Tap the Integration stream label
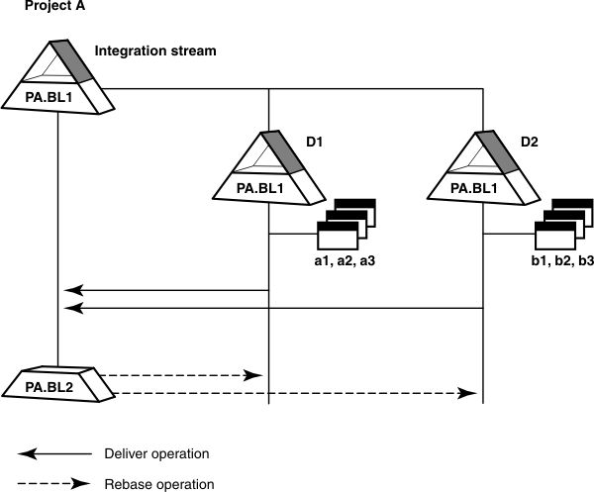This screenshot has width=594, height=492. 154,50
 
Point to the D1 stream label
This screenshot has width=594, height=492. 315,143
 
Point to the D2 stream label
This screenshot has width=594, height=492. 530,143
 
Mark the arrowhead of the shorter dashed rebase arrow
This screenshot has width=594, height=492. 256,376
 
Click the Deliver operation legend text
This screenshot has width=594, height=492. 156,454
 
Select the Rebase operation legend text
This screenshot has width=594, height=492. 158,484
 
